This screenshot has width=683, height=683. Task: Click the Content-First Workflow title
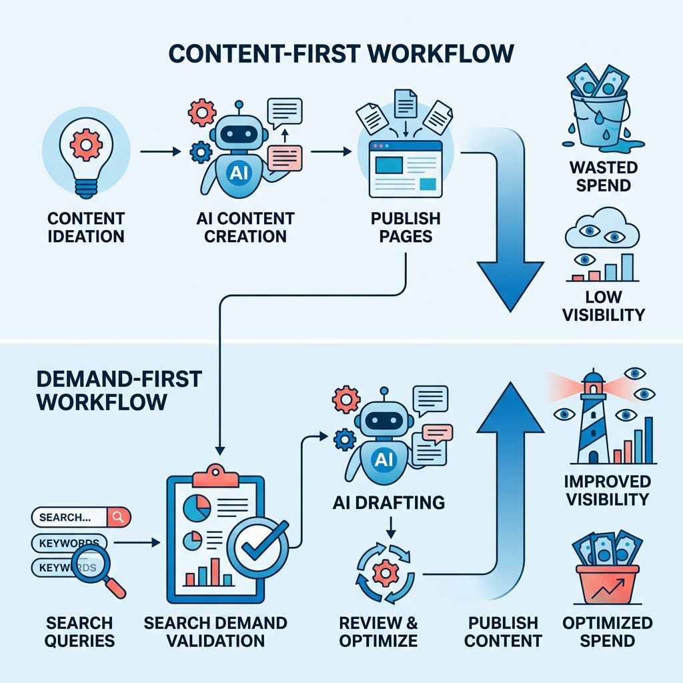coord(341,53)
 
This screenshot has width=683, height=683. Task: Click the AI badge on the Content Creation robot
coord(239,173)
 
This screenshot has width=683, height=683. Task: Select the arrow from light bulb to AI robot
coord(160,151)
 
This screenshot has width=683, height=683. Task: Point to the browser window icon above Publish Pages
coord(406,169)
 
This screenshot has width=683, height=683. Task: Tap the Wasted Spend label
coord(603,176)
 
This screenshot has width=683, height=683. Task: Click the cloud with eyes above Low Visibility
coord(602,229)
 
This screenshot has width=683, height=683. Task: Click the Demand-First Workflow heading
coord(119,390)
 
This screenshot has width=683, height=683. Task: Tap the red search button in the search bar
coord(118,517)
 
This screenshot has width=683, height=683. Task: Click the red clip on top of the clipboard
coord(215,476)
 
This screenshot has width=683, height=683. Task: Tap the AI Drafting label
coord(389,502)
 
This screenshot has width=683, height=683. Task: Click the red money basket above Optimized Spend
coord(607,584)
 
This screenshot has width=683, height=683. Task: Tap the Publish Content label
coord(503,632)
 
